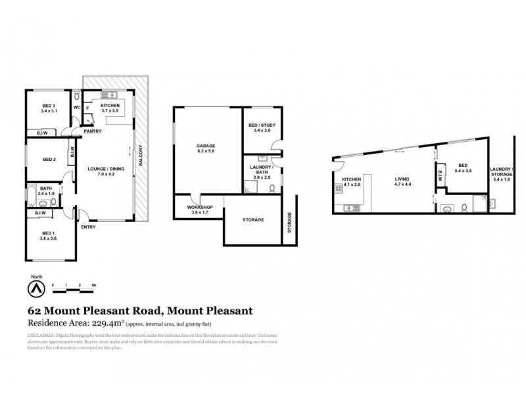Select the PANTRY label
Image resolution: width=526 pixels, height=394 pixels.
click(x=92, y=131)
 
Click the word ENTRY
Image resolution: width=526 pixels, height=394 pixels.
click(x=88, y=227)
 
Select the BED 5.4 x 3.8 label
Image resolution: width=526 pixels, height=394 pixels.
click(x=462, y=168)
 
